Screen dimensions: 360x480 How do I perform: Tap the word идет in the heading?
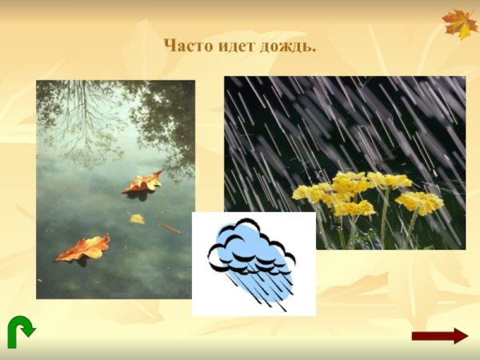click(234, 46)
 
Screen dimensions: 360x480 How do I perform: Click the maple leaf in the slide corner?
click(459, 23)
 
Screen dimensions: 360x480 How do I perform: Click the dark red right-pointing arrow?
click(438, 336)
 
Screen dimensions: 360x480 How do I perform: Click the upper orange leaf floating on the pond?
click(142, 184)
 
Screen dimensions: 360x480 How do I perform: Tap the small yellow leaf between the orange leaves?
click(137, 218)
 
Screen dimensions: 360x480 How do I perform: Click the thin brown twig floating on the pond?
click(170, 228)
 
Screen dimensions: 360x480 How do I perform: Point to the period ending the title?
click(314, 51)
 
